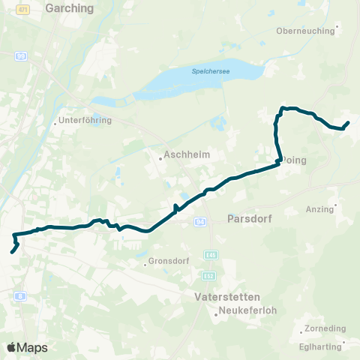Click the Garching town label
tap(70, 9)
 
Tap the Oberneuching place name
tap(305, 31)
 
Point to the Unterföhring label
tap(85, 120)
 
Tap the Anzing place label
tap(319, 209)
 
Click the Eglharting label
tap(320, 346)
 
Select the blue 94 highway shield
tap(199, 222)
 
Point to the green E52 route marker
tap(209, 276)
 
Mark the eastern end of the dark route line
tap(348, 122)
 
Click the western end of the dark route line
tap(12, 252)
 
